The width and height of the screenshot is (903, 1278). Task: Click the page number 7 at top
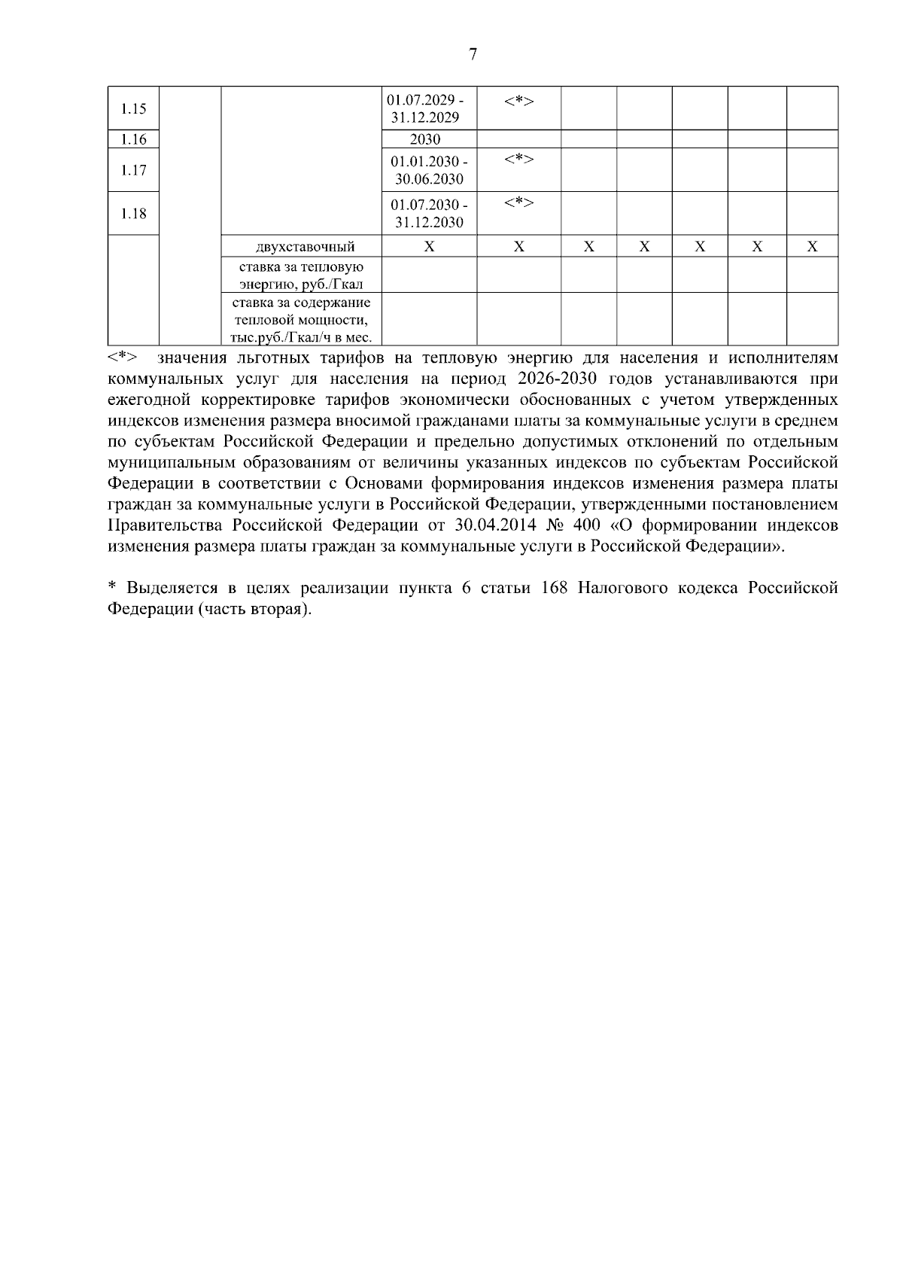473,54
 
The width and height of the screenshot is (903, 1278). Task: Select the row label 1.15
133,108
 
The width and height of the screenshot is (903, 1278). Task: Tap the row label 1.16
133,139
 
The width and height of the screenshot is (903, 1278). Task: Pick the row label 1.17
133,170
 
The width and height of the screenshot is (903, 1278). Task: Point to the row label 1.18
133,214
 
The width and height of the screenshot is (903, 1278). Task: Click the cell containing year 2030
425,139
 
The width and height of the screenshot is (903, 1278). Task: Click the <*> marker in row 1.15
518,101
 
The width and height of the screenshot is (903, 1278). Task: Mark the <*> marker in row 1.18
518,202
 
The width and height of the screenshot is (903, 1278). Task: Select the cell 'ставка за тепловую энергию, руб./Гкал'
301,275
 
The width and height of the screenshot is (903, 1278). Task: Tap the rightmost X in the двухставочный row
812,247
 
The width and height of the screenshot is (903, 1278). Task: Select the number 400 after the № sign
586,525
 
